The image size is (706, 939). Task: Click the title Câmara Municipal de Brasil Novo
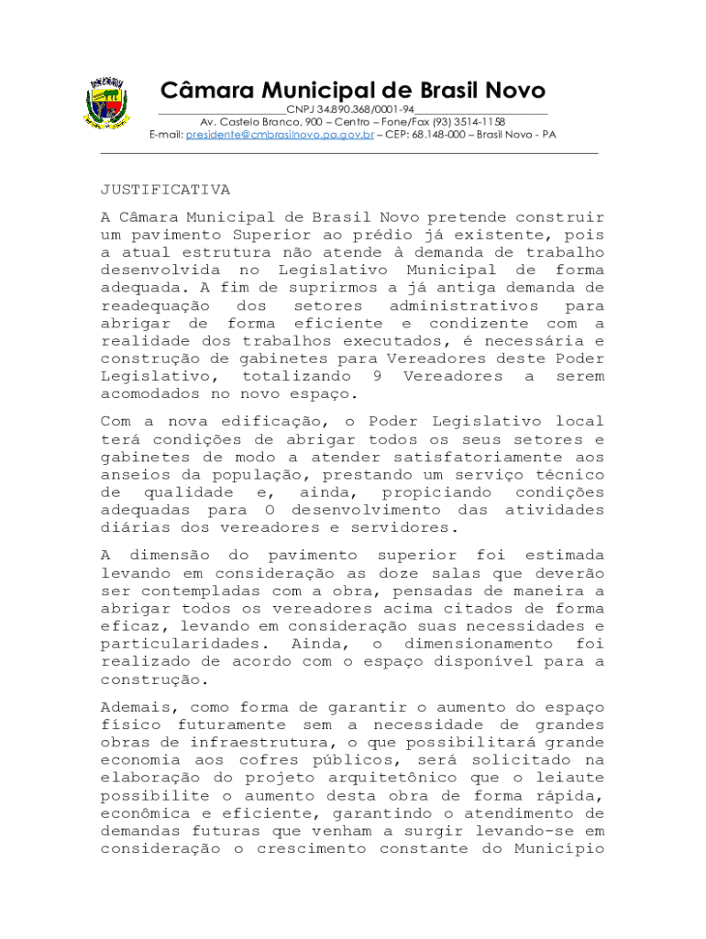click(353, 91)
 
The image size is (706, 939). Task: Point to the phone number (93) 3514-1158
click(468, 122)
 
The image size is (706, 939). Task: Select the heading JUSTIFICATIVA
click(165, 190)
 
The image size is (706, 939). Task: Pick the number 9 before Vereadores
click(378, 376)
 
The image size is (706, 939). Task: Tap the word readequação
click(155, 305)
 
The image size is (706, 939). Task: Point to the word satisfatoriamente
click(479, 457)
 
